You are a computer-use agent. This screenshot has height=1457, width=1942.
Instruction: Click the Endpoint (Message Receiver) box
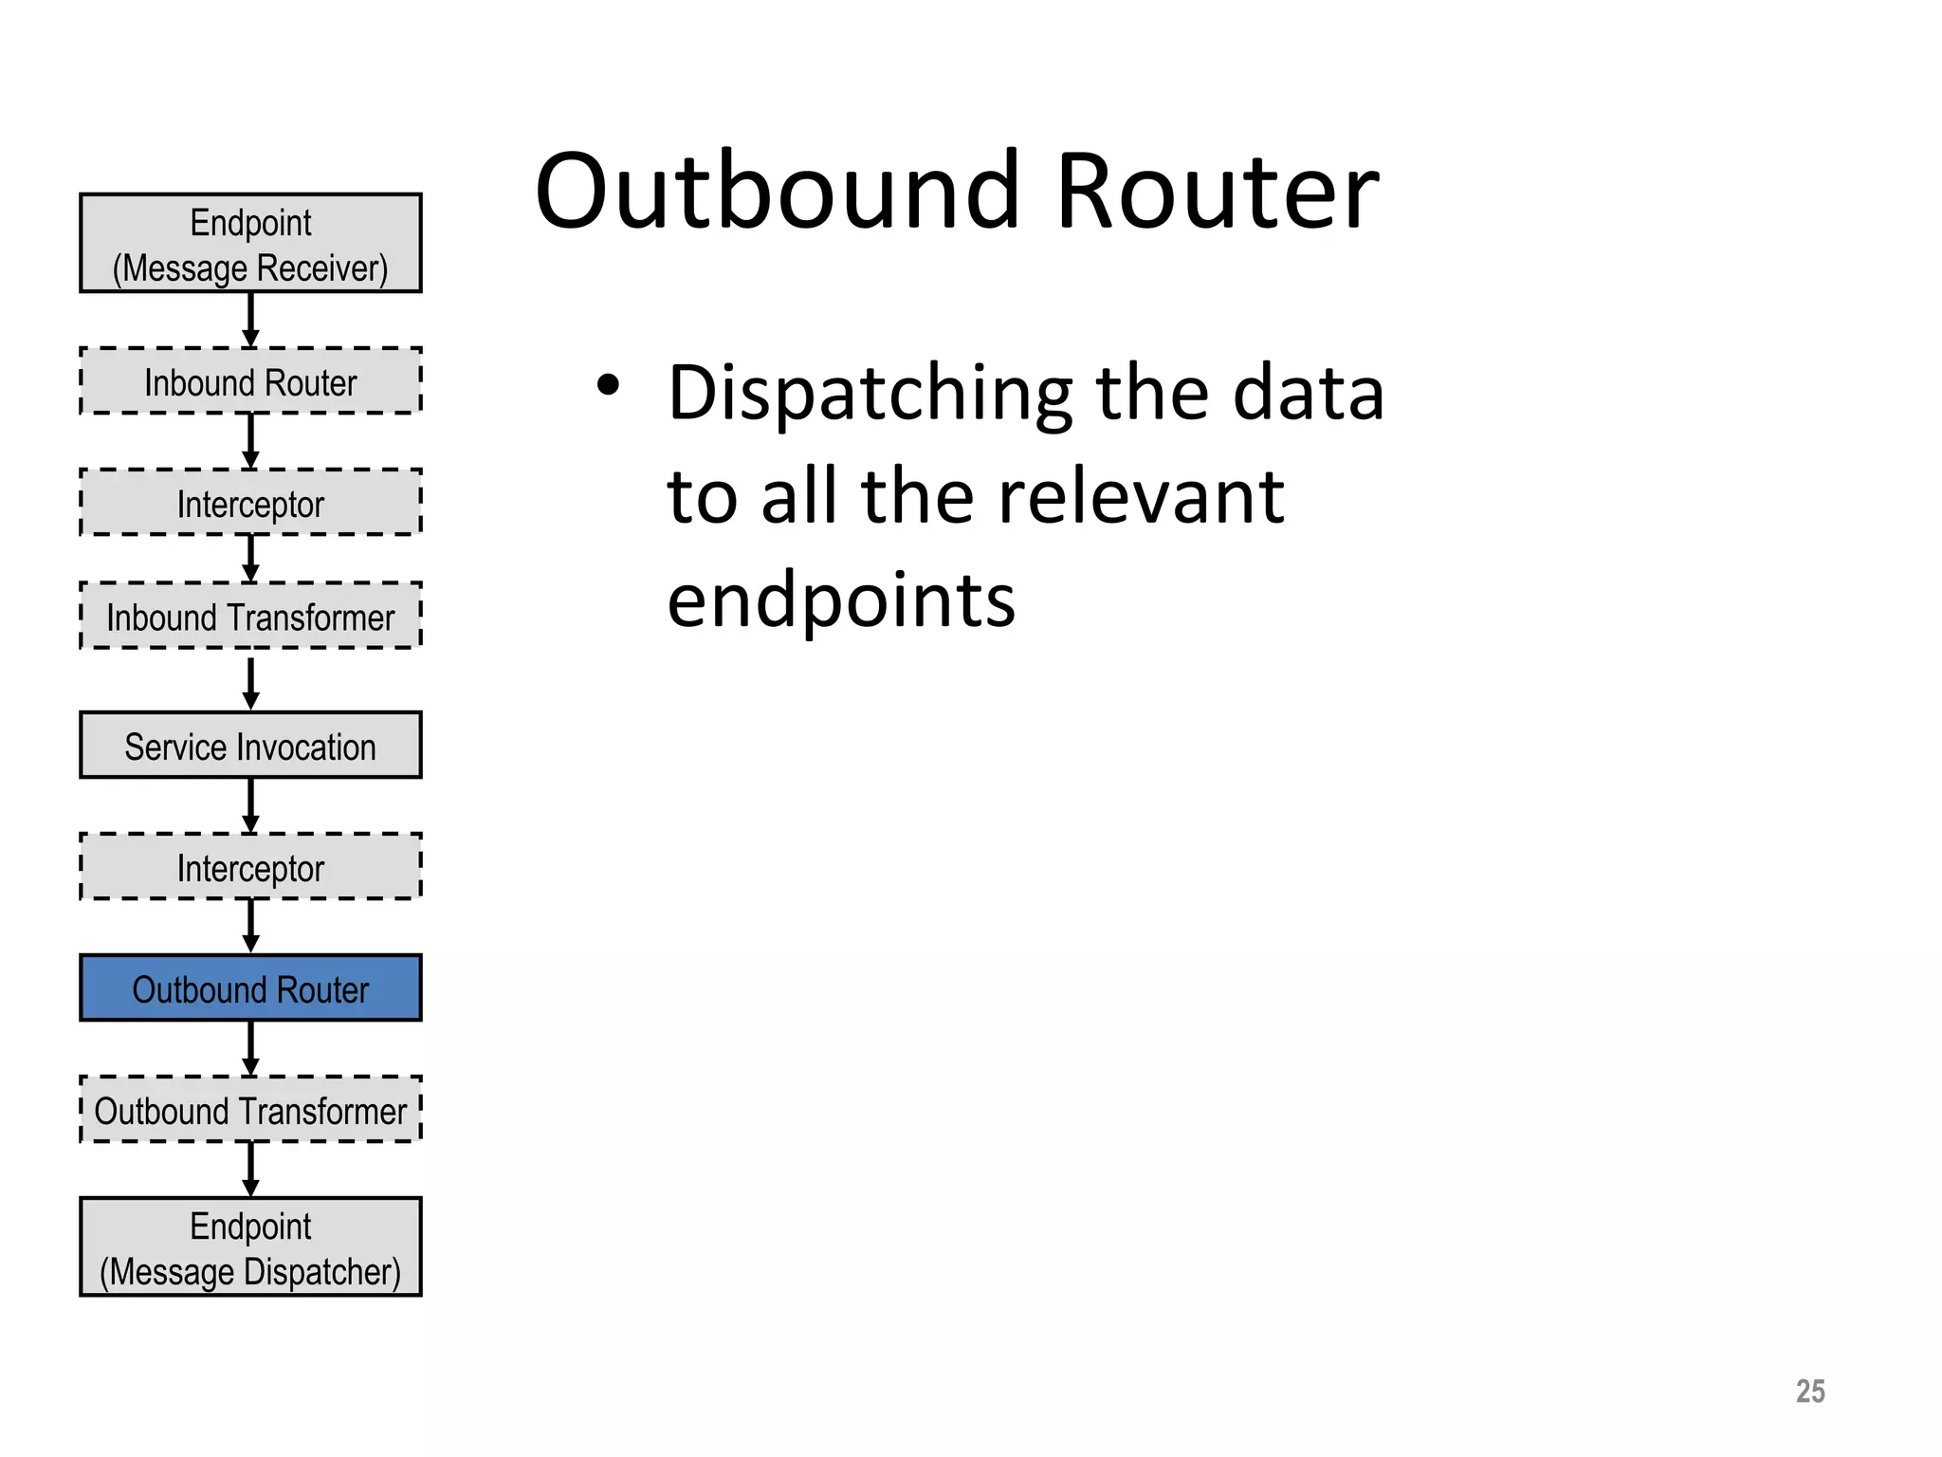(x=250, y=244)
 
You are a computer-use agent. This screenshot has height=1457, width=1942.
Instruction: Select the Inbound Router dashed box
(x=250, y=381)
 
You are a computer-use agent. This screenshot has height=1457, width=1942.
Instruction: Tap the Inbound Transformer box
(x=250, y=617)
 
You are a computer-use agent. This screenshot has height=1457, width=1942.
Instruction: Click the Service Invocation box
(x=250, y=746)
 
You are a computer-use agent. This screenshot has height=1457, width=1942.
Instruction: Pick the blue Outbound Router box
(x=250, y=988)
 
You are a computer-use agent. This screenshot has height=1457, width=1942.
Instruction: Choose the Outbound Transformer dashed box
(x=250, y=1110)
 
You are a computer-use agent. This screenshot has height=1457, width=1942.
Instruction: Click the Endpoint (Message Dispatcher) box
(x=250, y=1247)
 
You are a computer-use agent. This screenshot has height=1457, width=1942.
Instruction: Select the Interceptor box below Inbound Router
(x=250, y=503)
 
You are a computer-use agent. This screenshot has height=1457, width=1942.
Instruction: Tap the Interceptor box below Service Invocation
(x=250, y=867)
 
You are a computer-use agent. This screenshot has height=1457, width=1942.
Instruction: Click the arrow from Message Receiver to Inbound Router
(x=250, y=320)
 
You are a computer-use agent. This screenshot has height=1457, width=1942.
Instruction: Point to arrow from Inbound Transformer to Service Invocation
(x=250, y=683)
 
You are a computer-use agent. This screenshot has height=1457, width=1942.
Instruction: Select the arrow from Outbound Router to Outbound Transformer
(x=250, y=1047)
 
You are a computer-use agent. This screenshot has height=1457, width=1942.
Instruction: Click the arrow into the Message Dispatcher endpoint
(x=250, y=1169)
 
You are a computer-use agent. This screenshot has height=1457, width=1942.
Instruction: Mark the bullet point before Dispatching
(x=608, y=385)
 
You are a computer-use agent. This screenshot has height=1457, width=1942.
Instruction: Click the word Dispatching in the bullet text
(x=870, y=395)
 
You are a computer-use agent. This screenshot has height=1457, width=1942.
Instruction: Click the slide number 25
(x=1809, y=1392)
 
